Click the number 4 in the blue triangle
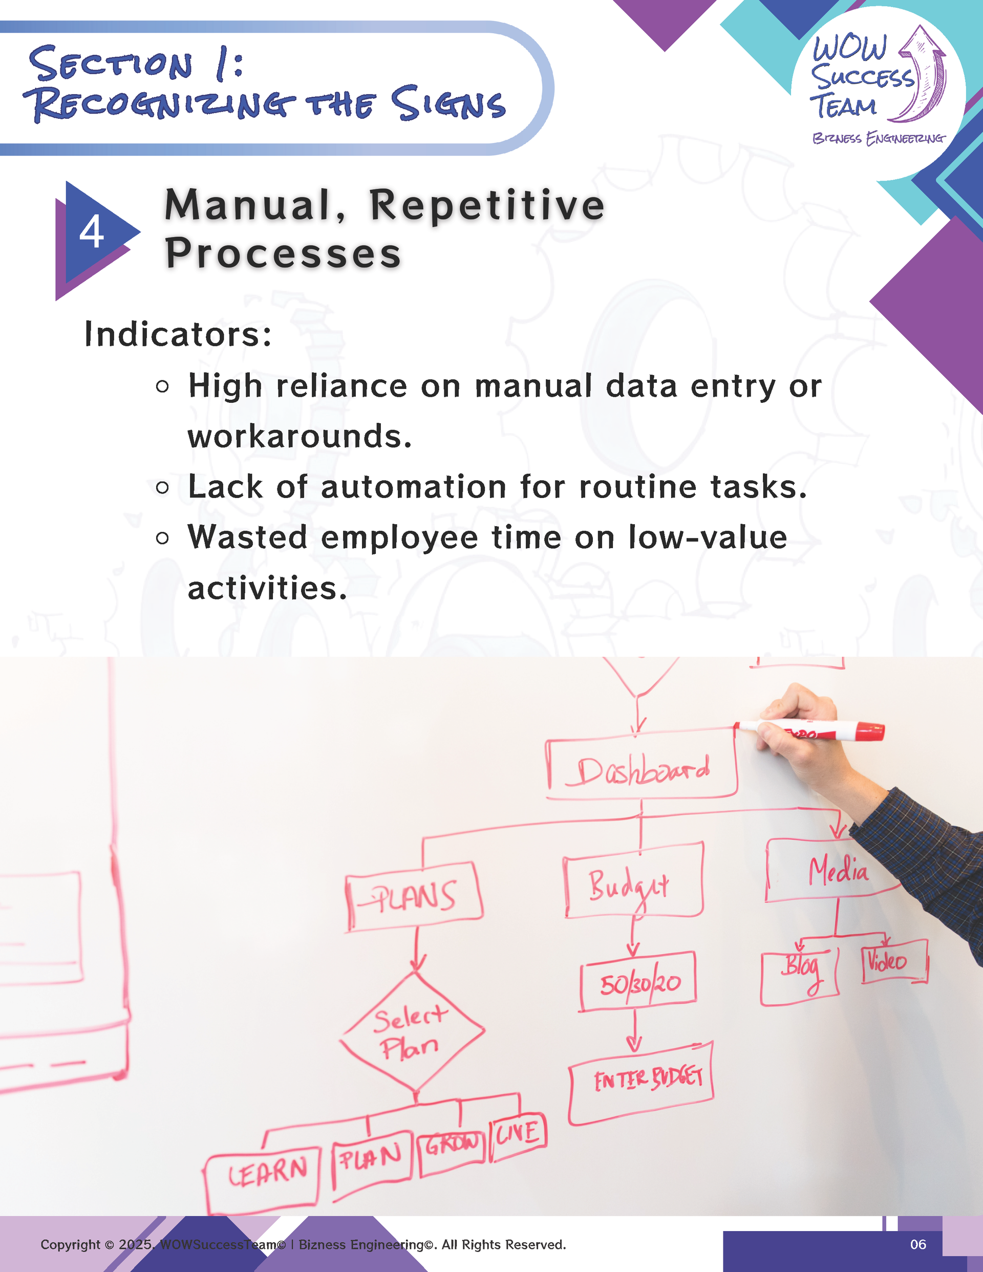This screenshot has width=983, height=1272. point(92,232)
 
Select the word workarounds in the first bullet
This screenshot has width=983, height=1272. point(300,436)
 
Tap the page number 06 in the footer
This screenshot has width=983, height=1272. point(918,1245)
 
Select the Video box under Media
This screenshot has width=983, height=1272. point(894,962)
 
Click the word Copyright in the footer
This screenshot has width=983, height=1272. point(71,1245)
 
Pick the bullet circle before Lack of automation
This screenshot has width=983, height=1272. point(163,487)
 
